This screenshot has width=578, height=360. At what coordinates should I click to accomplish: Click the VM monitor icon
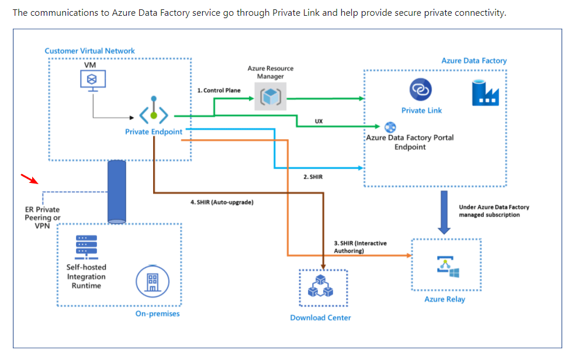coord(91,81)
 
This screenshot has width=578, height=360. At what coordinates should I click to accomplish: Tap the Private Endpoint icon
coord(154,112)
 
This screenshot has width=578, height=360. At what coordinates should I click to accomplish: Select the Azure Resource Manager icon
coord(271,96)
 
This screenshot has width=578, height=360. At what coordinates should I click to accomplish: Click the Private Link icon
coord(421,89)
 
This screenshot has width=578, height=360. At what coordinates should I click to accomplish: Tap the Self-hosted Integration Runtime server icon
coord(86,247)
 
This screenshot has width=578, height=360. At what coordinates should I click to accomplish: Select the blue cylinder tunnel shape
coord(117,191)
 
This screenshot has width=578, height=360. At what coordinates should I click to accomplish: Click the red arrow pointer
coord(28,178)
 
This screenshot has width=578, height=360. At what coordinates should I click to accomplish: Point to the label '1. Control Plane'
coord(219,91)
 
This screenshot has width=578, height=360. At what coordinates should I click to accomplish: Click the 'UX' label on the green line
coord(319,121)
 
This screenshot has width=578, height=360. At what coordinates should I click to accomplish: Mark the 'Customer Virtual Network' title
coord(89,51)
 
